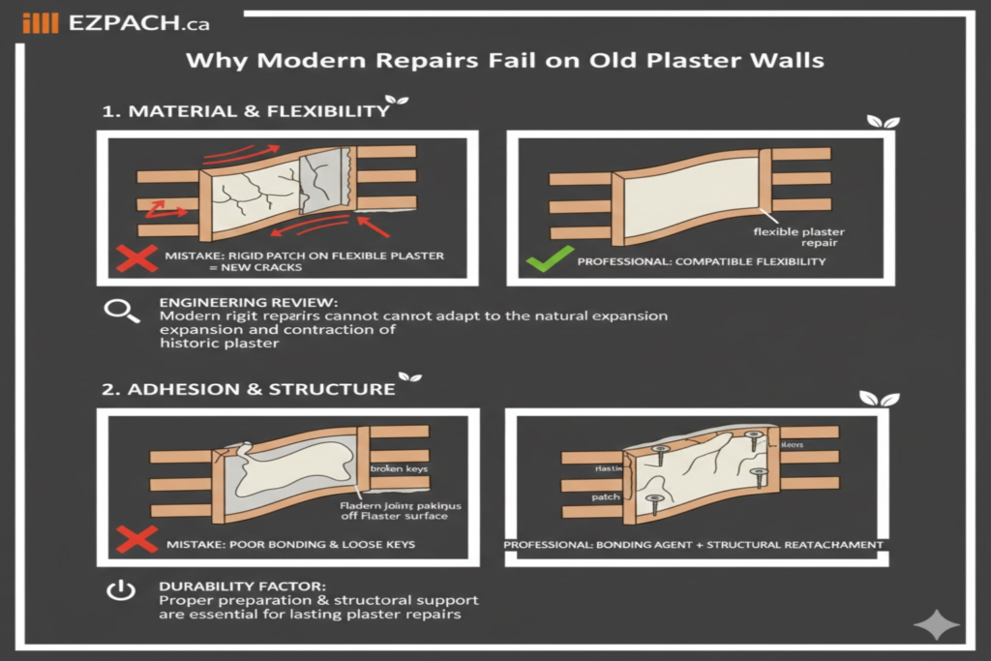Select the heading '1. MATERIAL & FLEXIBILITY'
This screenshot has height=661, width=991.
coord(246,111)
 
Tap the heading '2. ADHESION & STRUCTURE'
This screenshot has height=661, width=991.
coord(249,389)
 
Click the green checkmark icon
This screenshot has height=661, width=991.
coord(542,260)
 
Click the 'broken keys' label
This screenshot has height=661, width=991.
coord(401,468)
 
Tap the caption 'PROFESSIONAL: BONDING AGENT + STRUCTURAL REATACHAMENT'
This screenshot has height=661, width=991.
coord(694,545)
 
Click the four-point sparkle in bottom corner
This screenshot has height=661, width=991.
coord(936,625)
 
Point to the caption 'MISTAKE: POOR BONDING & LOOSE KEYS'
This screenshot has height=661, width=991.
coord(288,544)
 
